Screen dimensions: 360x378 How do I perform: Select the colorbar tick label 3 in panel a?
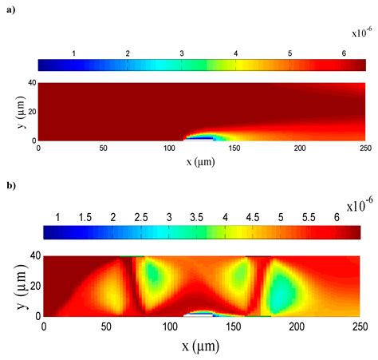pyautogui.click(x=181, y=52)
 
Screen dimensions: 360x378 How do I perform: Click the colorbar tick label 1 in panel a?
pyautogui.click(x=73, y=52)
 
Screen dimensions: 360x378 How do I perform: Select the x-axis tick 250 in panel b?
pyautogui.click(x=360, y=326)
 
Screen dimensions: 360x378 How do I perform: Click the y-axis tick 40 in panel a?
pyautogui.click(x=32, y=83)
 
